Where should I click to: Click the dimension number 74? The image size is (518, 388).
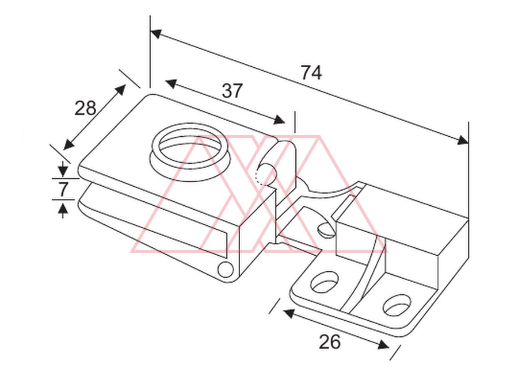311,73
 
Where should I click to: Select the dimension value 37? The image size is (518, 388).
233,91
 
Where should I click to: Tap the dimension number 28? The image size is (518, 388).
85,108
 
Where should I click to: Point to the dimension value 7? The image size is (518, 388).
63,189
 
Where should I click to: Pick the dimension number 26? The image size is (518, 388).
329,341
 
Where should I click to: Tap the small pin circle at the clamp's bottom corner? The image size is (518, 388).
225,270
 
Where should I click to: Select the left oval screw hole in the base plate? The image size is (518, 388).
325,282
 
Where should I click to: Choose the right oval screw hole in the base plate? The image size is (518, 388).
397,305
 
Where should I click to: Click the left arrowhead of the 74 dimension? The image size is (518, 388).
155,33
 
